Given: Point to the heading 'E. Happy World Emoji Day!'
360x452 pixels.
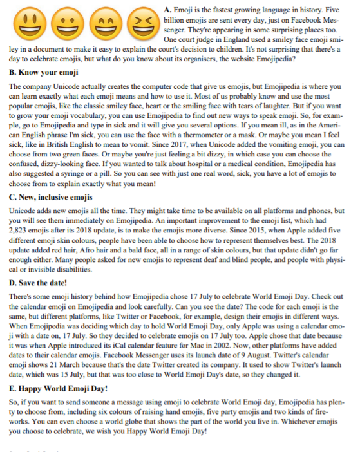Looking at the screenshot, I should tap(59, 388).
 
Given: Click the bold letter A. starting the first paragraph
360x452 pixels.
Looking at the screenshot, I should tap(169, 10).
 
